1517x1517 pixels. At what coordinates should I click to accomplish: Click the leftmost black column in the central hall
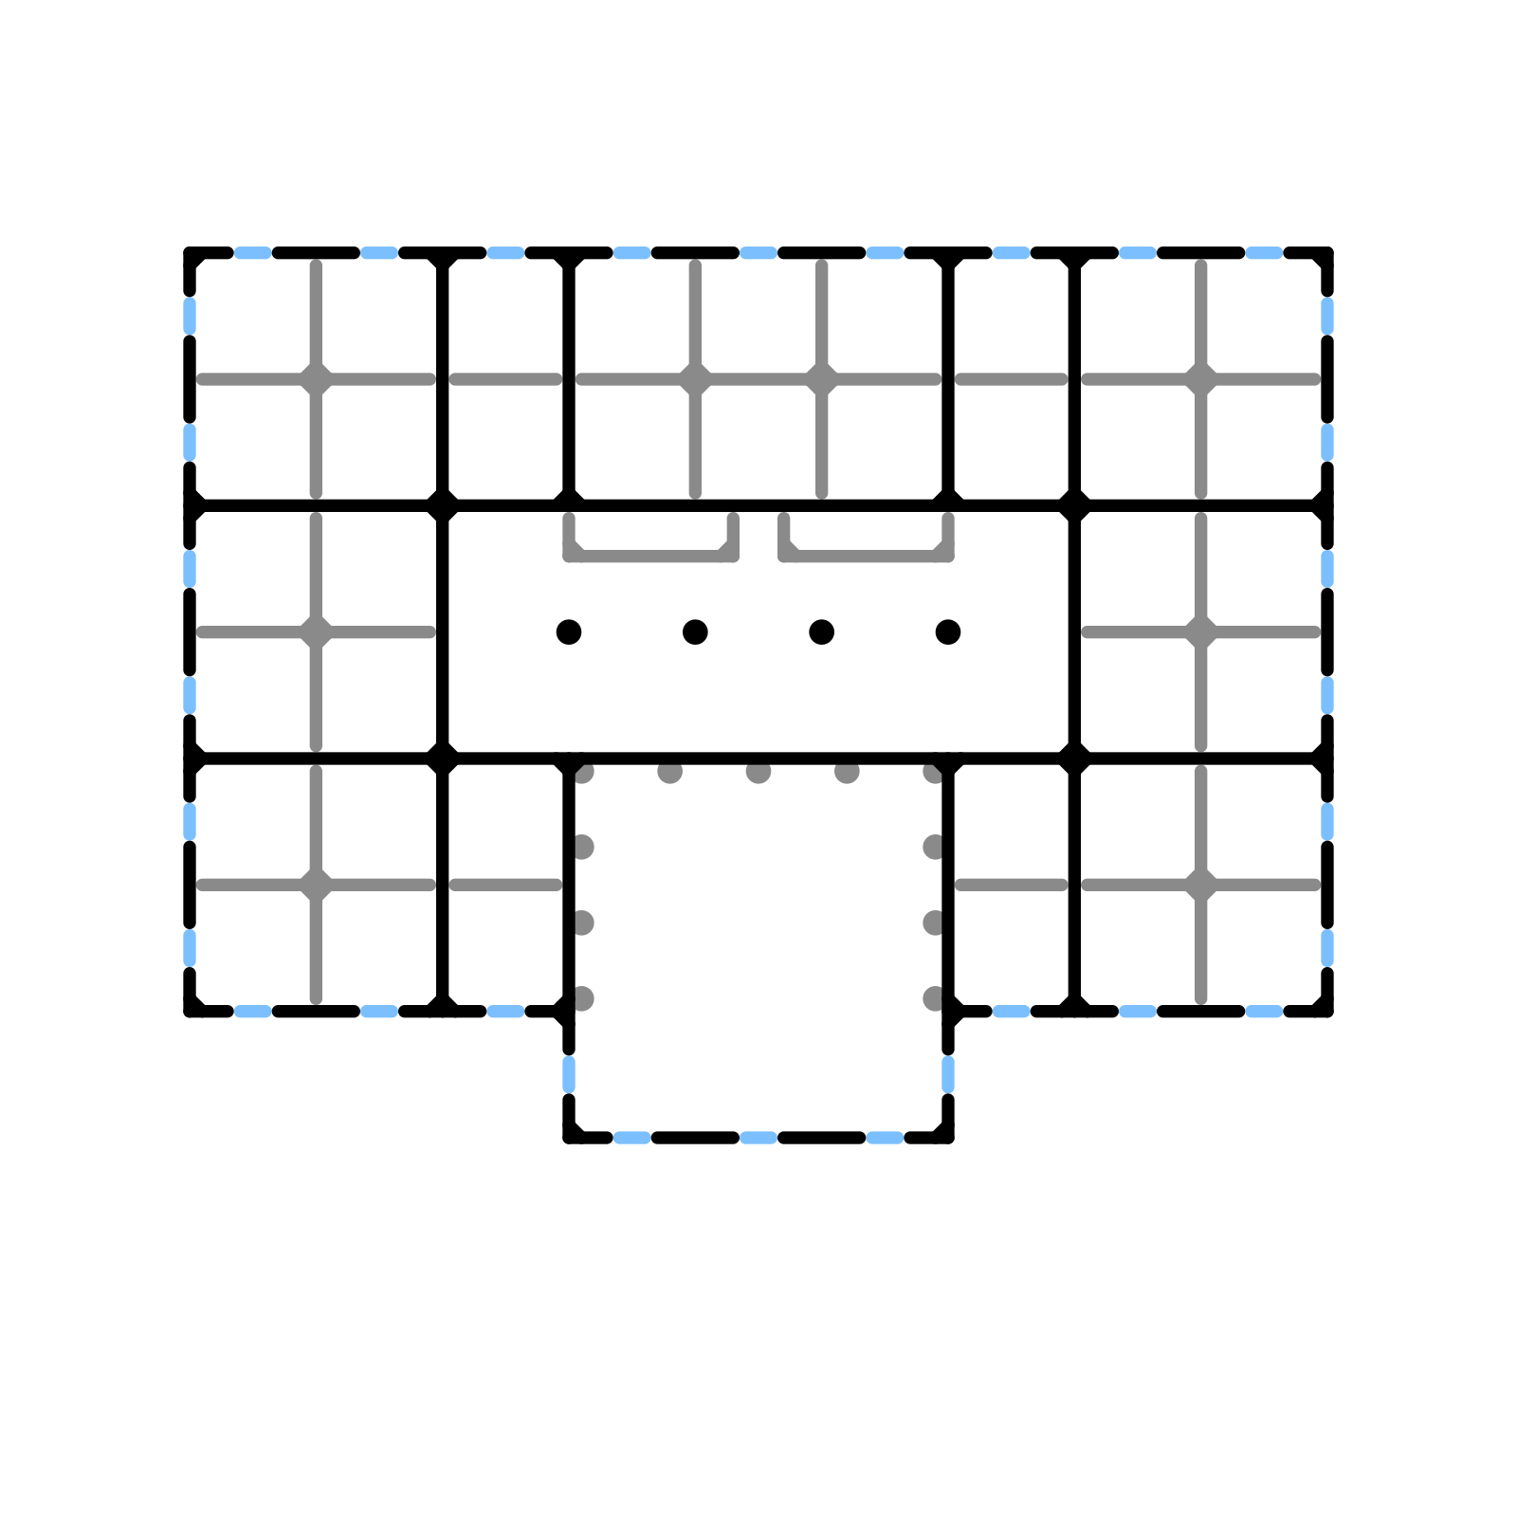click(569, 631)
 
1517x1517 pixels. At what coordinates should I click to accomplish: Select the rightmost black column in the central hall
click(948, 631)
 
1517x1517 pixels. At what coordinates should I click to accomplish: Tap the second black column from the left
click(695, 631)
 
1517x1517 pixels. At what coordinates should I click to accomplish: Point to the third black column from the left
click(822, 631)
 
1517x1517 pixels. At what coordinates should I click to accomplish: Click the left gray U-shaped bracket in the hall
click(651, 555)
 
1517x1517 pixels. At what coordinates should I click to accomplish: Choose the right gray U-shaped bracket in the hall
click(866, 555)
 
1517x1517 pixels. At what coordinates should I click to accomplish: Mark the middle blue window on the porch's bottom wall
click(758, 1137)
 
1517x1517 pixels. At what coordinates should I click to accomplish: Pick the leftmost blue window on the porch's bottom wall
click(632, 1137)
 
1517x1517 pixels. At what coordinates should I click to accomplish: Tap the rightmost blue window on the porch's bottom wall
click(885, 1137)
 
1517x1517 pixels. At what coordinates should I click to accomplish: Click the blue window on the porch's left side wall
click(569, 1074)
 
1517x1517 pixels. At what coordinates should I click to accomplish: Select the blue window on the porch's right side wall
click(948, 1074)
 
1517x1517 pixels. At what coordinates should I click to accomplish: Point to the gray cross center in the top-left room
click(316, 379)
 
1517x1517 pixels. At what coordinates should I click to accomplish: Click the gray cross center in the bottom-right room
click(1201, 885)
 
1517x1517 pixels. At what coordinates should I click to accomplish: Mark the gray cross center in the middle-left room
click(316, 631)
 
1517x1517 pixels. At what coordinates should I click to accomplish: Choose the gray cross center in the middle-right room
click(1201, 631)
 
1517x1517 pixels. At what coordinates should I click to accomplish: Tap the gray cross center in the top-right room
click(1201, 379)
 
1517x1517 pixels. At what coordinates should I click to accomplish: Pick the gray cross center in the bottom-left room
click(316, 885)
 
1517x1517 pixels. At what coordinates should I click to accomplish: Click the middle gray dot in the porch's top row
click(758, 772)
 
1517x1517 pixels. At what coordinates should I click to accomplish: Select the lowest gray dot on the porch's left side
click(583, 998)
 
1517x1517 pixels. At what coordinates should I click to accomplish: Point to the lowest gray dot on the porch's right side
click(934, 998)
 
